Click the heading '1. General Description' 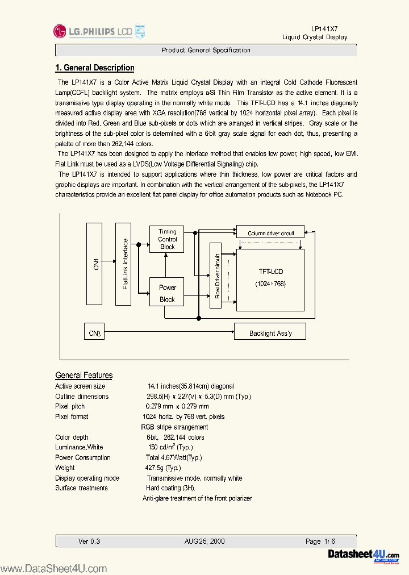coord(94,68)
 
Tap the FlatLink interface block coord(124,264)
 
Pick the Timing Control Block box coord(167,239)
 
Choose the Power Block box coord(167,293)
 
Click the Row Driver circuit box coord(216,275)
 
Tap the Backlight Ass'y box coord(270,332)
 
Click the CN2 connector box coord(94,332)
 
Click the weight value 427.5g coord(162,468)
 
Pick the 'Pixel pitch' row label coord(70,407)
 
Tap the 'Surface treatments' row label coord(81,488)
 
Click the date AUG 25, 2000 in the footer coord(204,541)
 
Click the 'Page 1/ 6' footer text coord(321,541)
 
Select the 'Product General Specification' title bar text coord(206,51)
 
